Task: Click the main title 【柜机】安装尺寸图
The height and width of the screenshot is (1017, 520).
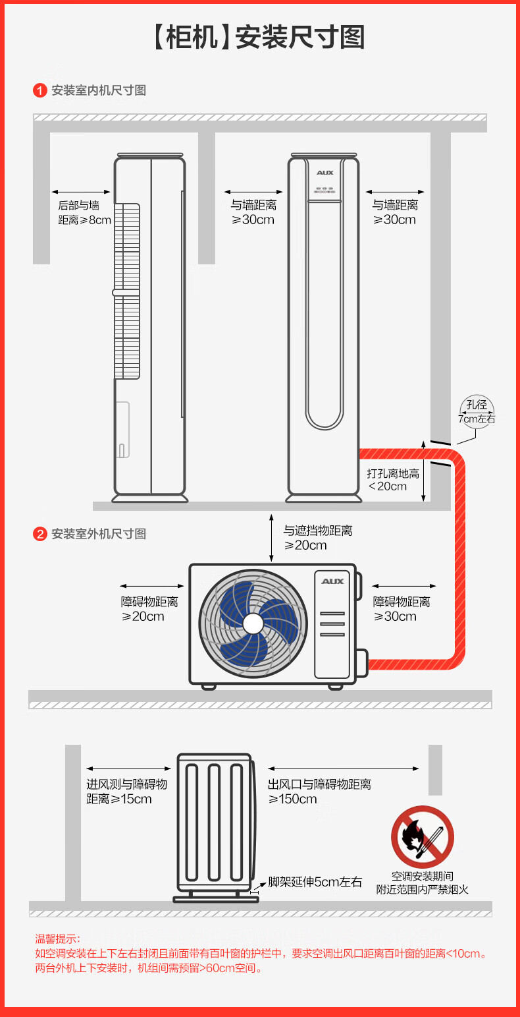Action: click(259, 37)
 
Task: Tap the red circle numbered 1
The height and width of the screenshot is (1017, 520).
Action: click(40, 90)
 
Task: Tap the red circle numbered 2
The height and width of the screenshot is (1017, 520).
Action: click(40, 534)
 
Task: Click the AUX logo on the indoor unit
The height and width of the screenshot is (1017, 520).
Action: click(325, 173)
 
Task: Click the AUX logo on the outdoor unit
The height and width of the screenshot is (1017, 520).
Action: click(333, 581)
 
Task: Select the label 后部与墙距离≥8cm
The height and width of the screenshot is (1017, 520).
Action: click(84, 213)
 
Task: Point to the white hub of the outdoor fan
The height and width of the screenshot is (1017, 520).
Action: click(253, 624)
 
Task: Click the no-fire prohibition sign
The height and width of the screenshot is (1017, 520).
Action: click(422, 837)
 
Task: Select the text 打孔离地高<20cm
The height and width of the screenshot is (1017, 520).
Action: click(392, 480)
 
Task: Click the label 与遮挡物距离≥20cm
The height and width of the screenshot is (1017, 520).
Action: click(318, 538)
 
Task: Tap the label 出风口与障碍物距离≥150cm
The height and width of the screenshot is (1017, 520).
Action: click(319, 792)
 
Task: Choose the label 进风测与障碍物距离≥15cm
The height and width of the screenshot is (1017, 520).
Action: click(126, 792)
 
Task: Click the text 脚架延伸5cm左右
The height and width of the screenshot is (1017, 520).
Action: click(315, 882)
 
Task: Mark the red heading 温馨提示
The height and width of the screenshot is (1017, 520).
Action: click(57, 939)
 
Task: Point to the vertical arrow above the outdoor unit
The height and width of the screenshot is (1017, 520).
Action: click(272, 538)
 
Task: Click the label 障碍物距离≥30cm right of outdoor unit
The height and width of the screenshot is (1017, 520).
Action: click(402, 609)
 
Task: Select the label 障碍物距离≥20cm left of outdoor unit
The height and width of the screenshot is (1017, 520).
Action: click(149, 609)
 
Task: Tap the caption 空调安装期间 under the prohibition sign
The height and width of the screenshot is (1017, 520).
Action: click(422, 876)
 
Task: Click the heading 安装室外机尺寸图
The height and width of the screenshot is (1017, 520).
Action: click(99, 534)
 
